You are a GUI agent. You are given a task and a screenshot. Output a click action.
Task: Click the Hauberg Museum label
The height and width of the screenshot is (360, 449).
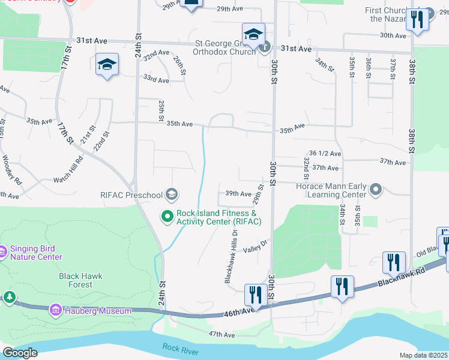tap(98, 311)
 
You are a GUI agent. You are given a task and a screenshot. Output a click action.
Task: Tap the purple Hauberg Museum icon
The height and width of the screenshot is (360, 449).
tap(55, 310)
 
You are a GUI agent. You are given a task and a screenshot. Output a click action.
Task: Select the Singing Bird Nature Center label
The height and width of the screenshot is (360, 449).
tap(36, 253)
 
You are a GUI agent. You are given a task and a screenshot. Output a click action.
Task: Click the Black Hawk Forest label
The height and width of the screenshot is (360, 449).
tap(80, 280)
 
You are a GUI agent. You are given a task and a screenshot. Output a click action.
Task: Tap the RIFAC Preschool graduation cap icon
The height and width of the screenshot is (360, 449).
tap(172, 194)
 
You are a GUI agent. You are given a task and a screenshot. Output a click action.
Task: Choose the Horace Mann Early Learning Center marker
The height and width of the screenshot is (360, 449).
tap(376, 190)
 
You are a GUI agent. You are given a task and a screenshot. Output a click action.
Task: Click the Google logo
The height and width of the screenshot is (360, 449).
tap(20, 353)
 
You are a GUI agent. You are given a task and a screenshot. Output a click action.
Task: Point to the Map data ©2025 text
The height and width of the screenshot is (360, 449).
tap(423, 355)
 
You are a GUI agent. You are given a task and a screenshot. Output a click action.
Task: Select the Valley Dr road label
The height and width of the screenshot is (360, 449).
tap(255, 245)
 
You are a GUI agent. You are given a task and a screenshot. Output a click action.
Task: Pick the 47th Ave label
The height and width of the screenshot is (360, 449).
tap(221, 334)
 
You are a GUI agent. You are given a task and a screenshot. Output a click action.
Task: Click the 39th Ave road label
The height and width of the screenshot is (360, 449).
tap(238, 193)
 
